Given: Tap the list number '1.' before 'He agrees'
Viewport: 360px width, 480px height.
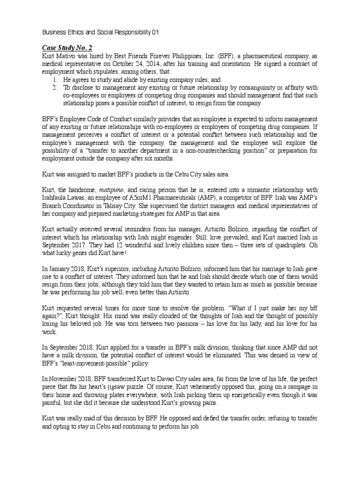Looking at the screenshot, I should (55, 79).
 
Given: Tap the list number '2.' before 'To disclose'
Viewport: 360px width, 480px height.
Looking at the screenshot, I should (55, 87).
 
